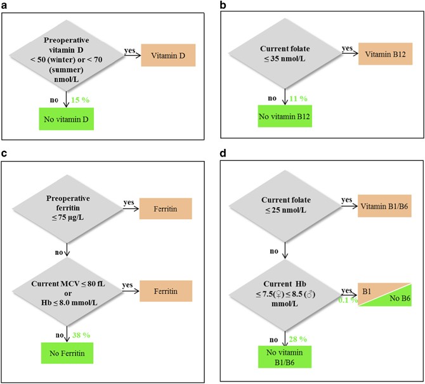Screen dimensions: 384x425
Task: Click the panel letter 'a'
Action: (4, 5)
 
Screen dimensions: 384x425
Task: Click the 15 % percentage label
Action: (78, 100)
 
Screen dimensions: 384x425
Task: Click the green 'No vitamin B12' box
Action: (287, 115)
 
